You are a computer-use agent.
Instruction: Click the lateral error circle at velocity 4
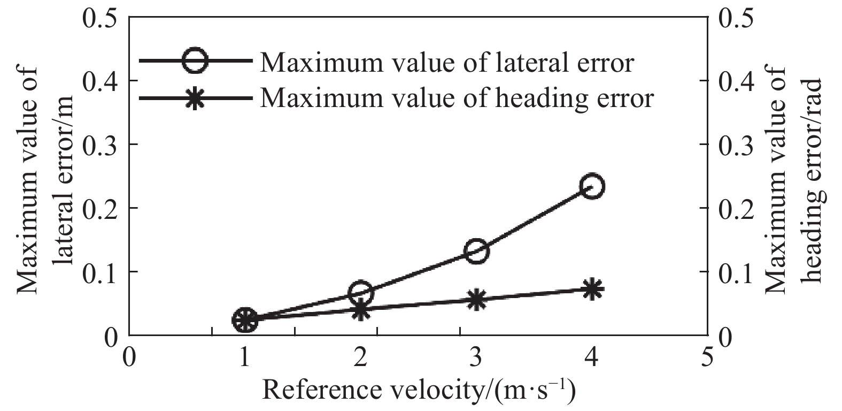pos(591,186)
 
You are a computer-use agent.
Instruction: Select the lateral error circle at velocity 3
pos(476,250)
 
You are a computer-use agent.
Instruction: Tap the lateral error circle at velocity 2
pos(360,292)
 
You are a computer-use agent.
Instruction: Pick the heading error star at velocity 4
pos(591,290)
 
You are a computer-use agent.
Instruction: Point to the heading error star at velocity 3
pos(476,300)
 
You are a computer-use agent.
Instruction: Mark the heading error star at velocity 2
pos(361,309)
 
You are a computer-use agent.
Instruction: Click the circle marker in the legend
pos(195,60)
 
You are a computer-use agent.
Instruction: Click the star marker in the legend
pos(195,98)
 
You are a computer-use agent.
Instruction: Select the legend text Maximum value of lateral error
pos(447,62)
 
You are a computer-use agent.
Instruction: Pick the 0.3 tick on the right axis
pos(738,144)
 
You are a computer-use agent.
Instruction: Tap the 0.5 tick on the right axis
pos(738,18)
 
